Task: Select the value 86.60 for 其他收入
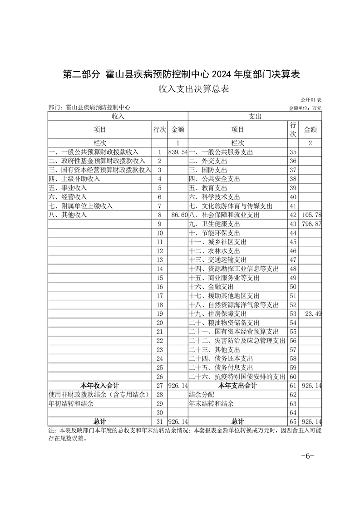click(x=178, y=215)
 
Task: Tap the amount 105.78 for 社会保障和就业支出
click(x=311, y=215)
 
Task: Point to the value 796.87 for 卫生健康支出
click(x=311, y=224)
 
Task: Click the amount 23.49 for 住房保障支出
click(x=313, y=314)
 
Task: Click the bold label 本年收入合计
click(x=100, y=386)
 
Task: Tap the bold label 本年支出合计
click(x=237, y=386)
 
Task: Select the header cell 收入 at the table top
click(x=118, y=117)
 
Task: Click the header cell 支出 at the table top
click(x=255, y=117)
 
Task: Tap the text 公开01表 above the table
click(x=311, y=100)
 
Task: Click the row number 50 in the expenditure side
click(x=293, y=287)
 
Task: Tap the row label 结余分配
click(x=202, y=395)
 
